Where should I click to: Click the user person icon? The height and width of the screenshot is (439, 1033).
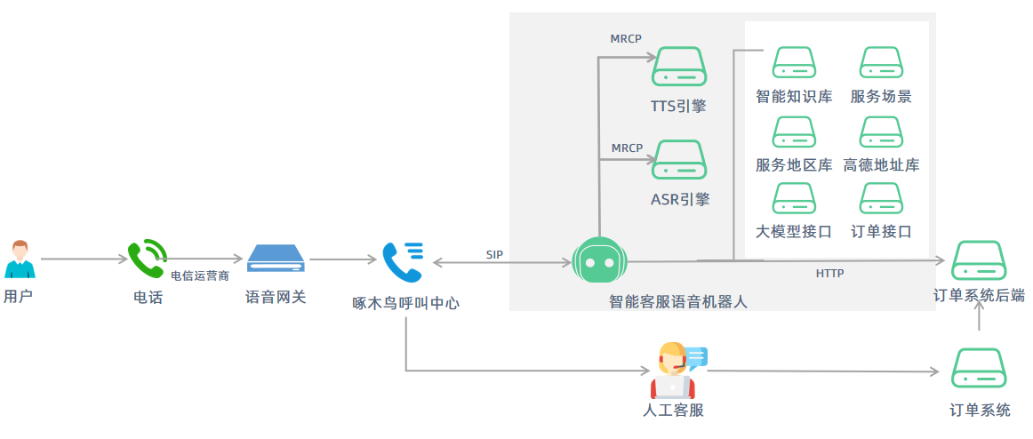19,259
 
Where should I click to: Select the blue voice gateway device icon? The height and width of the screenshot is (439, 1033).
276,259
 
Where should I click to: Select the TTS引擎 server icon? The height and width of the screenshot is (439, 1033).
679,67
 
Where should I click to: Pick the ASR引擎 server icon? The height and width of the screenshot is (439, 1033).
679,159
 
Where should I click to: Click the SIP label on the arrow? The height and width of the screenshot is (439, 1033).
494,254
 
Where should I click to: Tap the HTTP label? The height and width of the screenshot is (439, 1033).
829,274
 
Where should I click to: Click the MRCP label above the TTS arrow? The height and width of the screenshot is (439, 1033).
626,38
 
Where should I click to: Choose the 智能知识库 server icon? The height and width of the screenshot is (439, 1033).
794,63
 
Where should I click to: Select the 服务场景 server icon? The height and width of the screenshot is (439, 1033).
881,63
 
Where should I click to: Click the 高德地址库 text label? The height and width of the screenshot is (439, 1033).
881,164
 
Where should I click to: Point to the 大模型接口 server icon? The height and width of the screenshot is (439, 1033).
794,198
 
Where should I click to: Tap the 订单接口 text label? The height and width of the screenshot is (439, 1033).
881,232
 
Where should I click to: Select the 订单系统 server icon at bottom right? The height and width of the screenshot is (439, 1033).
979,368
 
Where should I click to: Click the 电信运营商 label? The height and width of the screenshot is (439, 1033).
200,276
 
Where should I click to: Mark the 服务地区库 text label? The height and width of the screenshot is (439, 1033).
794,164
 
